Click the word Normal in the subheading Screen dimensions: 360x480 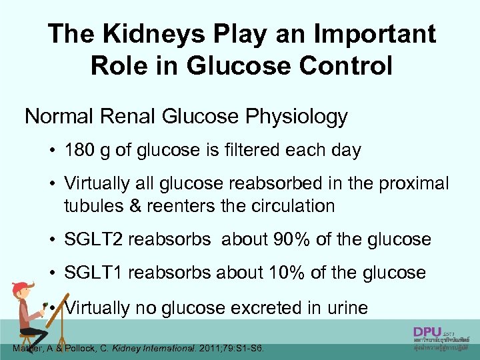pyautogui.click(x=58, y=117)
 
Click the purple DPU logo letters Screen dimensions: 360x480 pyautogui.click(x=427, y=332)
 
